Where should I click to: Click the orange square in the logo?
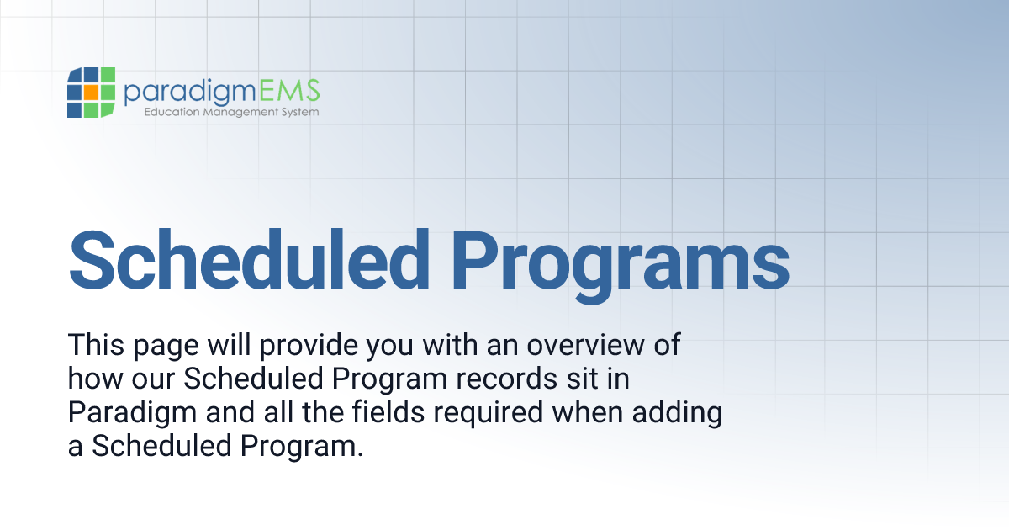pos(91,92)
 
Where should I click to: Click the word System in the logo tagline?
pos(300,112)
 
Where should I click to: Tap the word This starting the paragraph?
pos(94,346)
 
